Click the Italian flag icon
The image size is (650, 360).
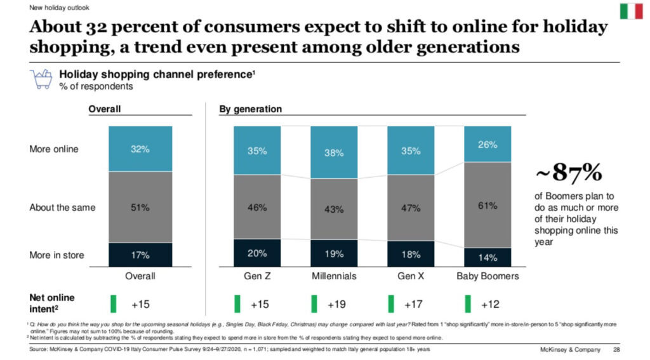tap(631, 11)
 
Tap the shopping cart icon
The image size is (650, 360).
tap(41, 80)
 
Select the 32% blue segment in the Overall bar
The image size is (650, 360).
tap(140, 149)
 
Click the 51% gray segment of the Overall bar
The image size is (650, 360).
tap(140, 207)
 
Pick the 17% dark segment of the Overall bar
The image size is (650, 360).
tap(140, 255)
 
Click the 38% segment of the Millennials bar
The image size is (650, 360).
tap(334, 152)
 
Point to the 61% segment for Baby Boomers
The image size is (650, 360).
tap(487, 204)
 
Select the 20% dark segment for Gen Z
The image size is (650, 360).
tap(257, 253)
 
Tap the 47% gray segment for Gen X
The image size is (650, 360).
tap(411, 208)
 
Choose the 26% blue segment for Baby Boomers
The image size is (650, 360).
tap(487, 144)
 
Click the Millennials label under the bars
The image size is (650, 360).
tap(334, 276)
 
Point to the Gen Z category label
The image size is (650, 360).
tap(257, 276)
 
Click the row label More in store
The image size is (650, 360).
tap(56, 255)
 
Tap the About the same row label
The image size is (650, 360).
tap(62, 208)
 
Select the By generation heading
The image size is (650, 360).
tap(250, 109)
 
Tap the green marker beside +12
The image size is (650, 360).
tap(468, 303)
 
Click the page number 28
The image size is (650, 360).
tap(616, 350)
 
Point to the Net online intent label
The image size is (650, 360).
tap(53, 303)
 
